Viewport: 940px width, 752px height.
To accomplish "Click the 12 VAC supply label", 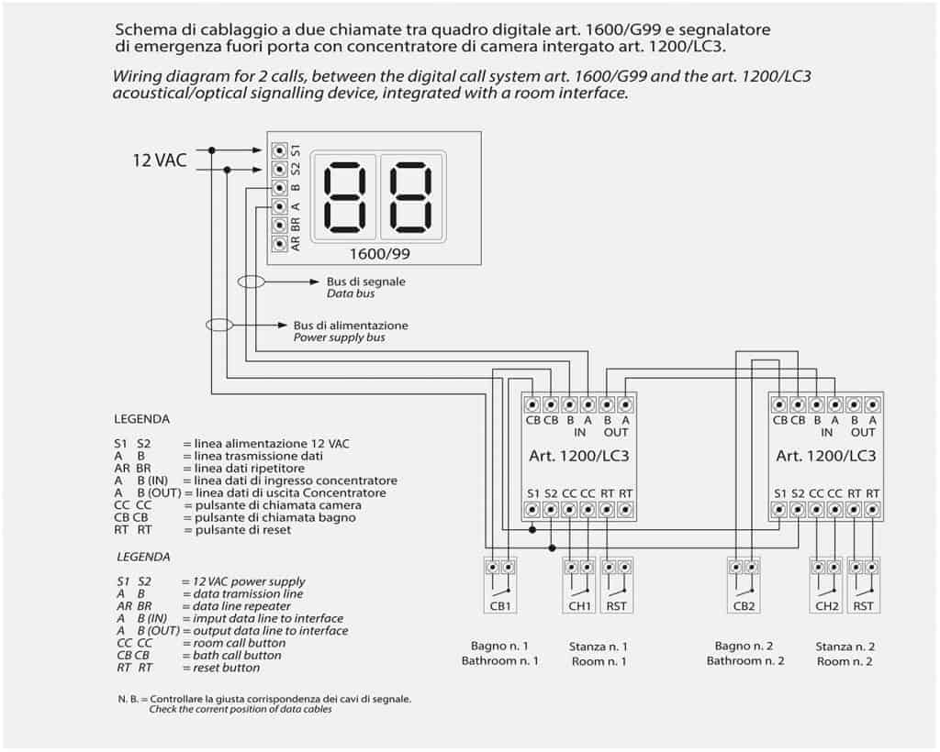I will tap(160, 160).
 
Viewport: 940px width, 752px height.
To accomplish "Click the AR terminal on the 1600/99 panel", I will tap(280, 244).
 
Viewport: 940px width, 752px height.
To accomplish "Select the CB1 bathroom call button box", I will tap(500, 586).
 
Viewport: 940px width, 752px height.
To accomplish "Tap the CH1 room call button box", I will tap(579, 586).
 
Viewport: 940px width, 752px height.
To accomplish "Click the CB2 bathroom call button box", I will tap(744, 586).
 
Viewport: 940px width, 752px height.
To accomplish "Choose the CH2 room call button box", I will tap(826, 586).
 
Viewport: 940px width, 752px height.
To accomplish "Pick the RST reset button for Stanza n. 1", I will tap(616, 586).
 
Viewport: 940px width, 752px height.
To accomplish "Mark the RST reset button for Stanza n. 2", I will tap(863, 586).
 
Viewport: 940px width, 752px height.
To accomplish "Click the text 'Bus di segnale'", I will tap(365, 282).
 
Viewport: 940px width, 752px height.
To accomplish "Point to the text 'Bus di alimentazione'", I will tap(351, 326).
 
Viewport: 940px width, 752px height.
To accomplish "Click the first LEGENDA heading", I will tap(142, 419).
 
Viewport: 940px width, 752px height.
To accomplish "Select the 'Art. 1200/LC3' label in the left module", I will tap(579, 456).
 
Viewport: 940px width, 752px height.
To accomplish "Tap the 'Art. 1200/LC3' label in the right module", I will tap(826, 456).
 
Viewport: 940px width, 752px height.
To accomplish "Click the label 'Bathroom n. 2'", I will tap(744, 661).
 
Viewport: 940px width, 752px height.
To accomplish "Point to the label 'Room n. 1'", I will tap(599, 661).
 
